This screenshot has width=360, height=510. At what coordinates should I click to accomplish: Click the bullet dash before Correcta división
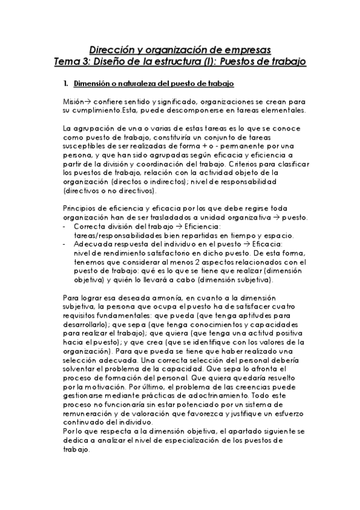click(x=64, y=226)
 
